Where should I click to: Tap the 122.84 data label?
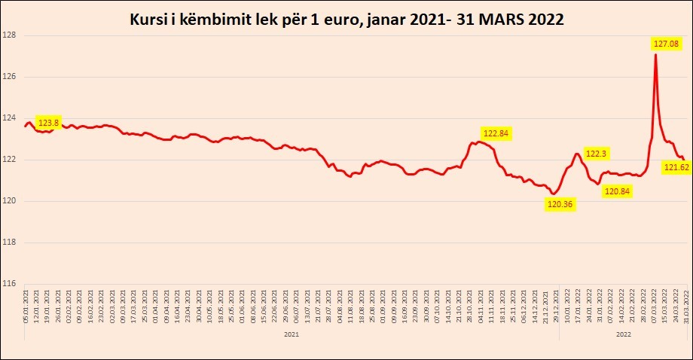click(496, 133)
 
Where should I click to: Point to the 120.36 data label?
click(560, 204)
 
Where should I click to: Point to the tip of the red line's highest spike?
click(656, 54)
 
